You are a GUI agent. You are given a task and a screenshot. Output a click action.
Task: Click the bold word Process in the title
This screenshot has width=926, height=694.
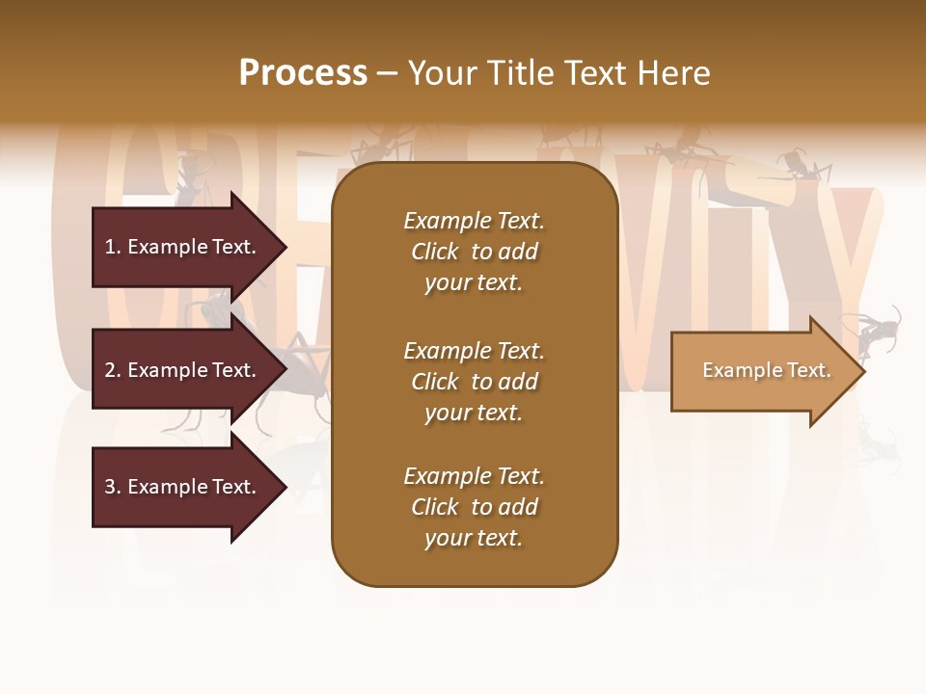tap(303, 72)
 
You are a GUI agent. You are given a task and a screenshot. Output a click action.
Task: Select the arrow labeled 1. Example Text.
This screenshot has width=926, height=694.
tap(180, 247)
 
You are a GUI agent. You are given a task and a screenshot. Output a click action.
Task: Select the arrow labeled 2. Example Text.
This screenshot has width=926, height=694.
tap(180, 370)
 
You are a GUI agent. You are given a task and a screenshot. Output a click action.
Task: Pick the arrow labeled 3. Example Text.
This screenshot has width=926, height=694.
tap(180, 487)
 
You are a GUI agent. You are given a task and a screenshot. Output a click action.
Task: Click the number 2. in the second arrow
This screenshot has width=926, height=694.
tap(111, 370)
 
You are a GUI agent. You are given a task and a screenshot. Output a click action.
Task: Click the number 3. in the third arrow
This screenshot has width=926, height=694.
tap(111, 487)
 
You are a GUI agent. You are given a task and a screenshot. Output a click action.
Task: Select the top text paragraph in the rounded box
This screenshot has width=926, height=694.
tap(474, 252)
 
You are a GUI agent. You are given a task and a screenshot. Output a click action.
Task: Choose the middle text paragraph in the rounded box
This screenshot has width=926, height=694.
tap(474, 382)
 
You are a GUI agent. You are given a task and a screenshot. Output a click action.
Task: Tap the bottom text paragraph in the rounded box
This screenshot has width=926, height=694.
tap(474, 507)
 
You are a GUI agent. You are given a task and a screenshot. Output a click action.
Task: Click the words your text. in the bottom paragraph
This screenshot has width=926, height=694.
tap(474, 538)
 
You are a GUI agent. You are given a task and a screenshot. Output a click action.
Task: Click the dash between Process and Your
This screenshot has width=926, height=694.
tap(387, 73)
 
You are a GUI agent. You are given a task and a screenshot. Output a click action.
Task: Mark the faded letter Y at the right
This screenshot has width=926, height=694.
tap(849, 251)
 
